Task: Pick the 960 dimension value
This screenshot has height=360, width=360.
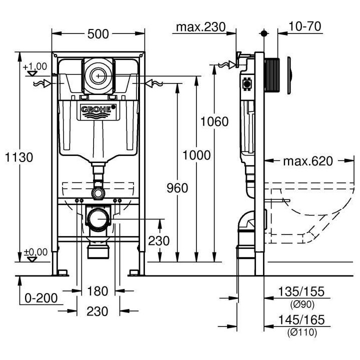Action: pyautogui.click(x=177, y=188)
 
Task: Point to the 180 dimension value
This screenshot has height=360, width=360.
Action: pyautogui.click(x=98, y=291)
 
